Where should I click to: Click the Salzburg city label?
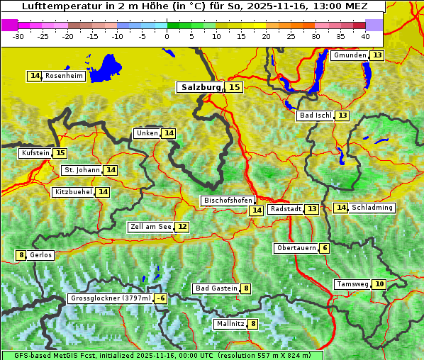tap(201, 87)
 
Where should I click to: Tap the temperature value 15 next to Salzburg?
tap(234, 87)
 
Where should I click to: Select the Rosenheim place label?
tap(64, 76)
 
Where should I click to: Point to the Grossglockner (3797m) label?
tap(111, 299)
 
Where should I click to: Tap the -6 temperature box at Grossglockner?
tap(161, 299)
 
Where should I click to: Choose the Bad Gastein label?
tap(216, 288)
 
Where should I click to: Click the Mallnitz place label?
tap(230, 324)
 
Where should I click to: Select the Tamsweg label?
tap(352, 284)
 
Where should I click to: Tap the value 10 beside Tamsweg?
tap(379, 284)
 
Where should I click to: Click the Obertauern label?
tap(296, 248)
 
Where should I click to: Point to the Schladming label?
tap(372, 208)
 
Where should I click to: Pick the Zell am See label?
tap(150, 227)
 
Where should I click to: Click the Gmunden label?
tap(350, 55)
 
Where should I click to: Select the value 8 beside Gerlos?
tap(21, 255)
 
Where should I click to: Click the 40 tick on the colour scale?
tap(365, 36)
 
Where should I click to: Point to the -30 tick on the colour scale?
tap(18, 36)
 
